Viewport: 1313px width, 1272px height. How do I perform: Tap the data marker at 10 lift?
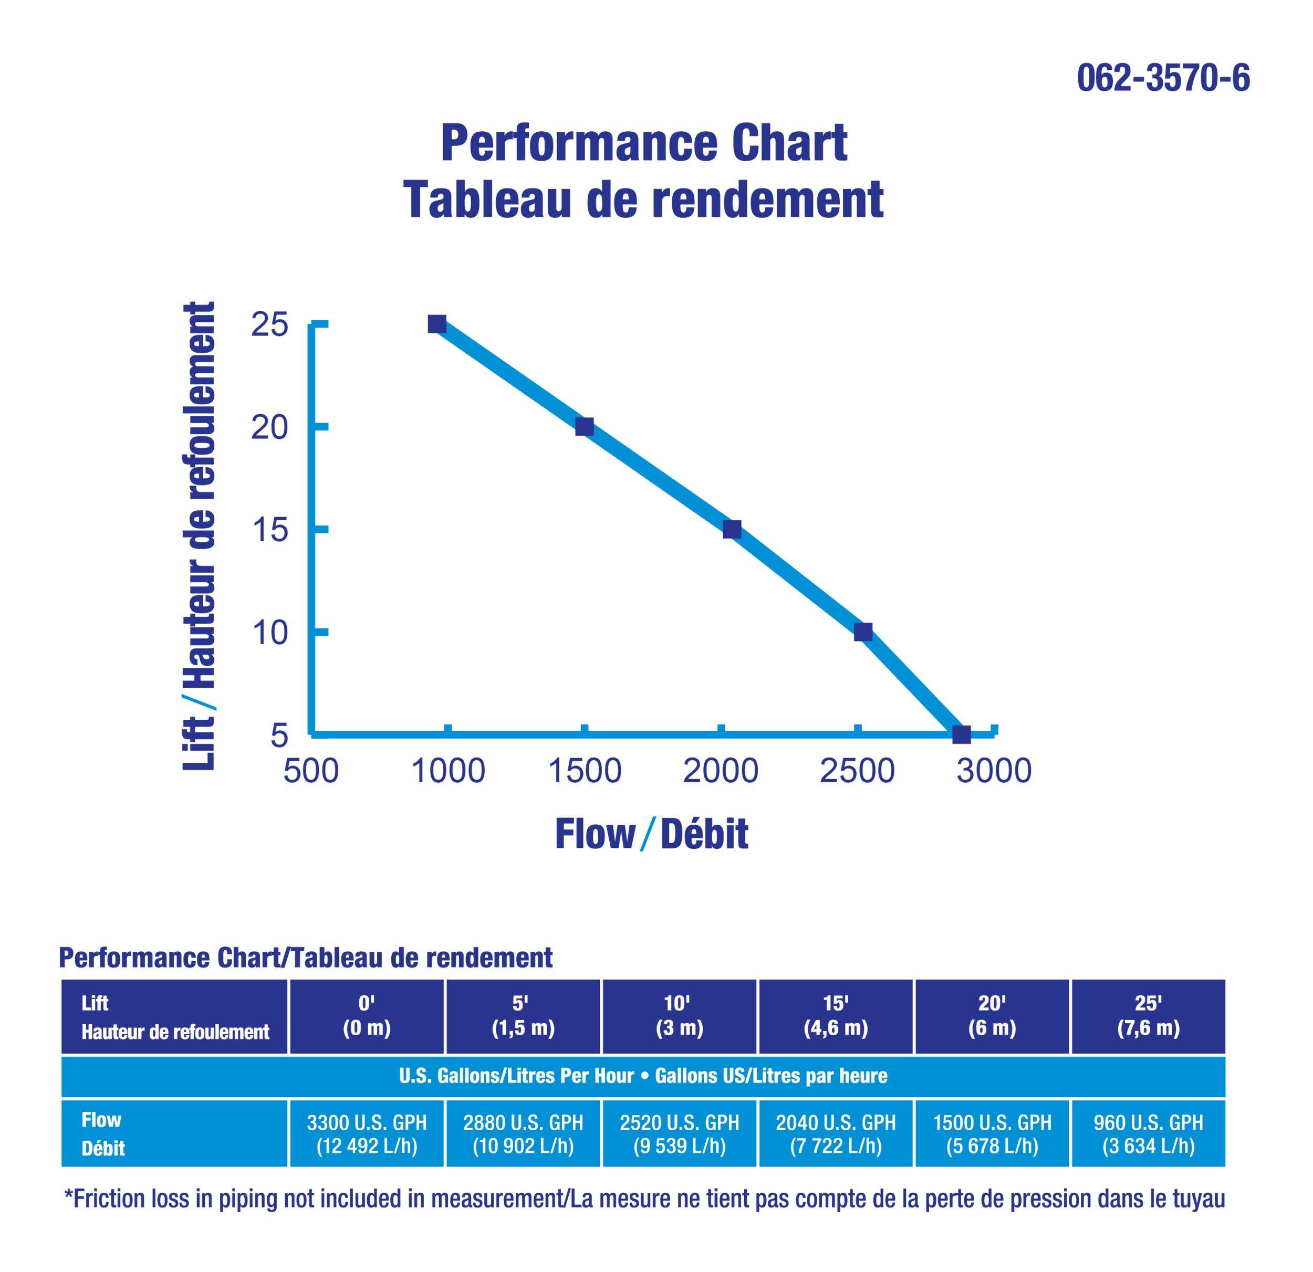[863, 632]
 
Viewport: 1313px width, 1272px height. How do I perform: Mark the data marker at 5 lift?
[961, 734]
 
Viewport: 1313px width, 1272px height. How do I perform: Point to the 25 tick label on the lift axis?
[269, 325]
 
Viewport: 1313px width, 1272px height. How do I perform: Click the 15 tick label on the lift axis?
[269, 530]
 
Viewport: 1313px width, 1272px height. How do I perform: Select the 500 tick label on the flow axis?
[311, 771]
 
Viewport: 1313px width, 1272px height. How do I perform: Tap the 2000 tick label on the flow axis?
[720, 771]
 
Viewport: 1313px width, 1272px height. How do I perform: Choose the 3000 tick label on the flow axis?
[994, 771]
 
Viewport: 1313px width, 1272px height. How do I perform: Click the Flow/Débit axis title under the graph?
[651, 834]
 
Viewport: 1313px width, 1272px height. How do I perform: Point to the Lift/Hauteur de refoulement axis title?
[200, 535]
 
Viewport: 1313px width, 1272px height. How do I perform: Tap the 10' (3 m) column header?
[679, 1016]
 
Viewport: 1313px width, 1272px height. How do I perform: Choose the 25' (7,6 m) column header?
[1148, 1016]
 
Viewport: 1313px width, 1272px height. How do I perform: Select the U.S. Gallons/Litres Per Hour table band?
[643, 1076]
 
